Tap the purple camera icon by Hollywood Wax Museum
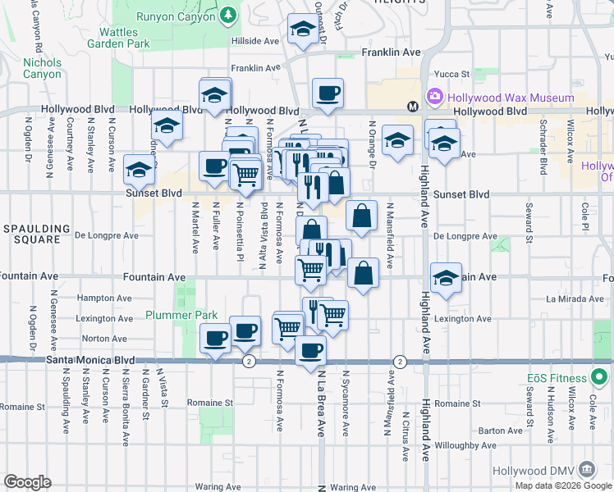tap(434, 97)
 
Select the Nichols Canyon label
tap(42, 68)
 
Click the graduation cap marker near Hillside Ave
tap(303, 31)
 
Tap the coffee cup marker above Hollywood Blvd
tap(328, 93)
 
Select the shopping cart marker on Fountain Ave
tap(310, 268)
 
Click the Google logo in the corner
tap(27, 481)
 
